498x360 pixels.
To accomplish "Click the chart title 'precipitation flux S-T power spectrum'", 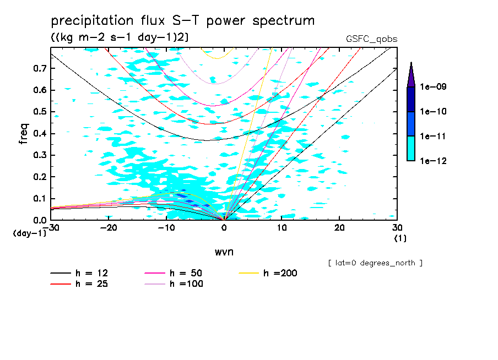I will [x=183, y=21].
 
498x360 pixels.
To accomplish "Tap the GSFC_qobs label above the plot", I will [x=371, y=39].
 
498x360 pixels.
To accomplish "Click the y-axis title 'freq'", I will [x=24, y=134].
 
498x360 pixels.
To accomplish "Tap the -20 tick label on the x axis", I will [x=109, y=228].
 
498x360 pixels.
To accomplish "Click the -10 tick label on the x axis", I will [x=166, y=228].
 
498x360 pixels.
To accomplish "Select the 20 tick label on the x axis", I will [x=339, y=228].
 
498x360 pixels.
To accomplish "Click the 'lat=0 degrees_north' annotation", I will [x=375, y=263].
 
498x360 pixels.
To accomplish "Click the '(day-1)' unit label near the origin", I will [x=29, y=233].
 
